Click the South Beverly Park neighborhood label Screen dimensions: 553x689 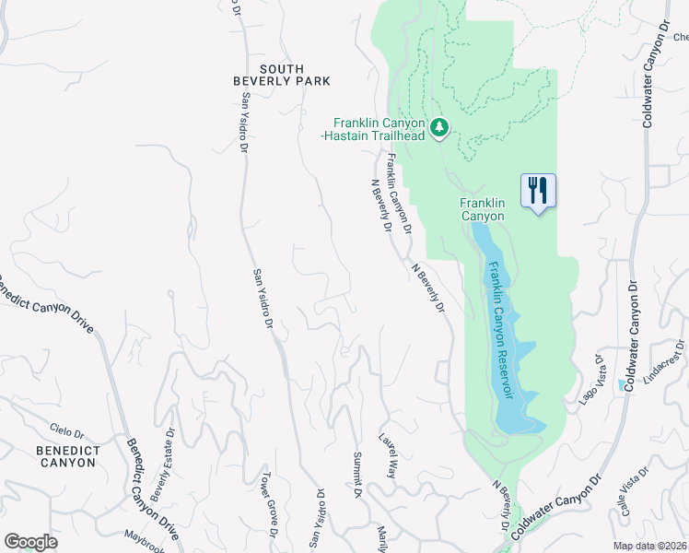pos(281,75)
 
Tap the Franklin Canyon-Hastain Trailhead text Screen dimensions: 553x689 pos(380,129)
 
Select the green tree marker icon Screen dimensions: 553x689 pos(440,126)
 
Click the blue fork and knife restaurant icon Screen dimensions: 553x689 pos(538,192)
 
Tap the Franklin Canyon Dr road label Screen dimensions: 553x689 pos(398,193)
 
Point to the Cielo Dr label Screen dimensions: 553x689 pos(66,429)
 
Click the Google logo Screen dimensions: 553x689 pos(30,541)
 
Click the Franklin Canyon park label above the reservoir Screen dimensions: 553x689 pos(483,209)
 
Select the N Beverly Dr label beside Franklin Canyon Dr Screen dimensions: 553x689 pos(380,206)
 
